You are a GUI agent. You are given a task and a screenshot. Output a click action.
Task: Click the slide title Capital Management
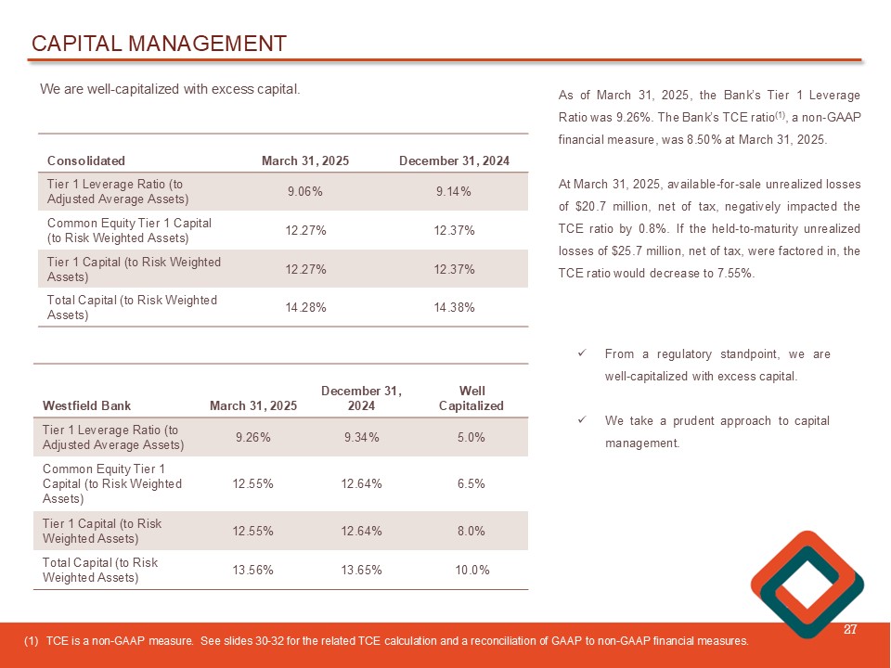tap(159, 44)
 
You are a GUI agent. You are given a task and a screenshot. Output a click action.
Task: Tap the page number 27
tap(848, 631)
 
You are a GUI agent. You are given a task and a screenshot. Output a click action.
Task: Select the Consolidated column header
tap(86, 161)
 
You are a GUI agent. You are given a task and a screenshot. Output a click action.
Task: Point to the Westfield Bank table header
tap(86, 405)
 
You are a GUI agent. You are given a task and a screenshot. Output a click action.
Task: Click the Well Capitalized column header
tap(471, 398)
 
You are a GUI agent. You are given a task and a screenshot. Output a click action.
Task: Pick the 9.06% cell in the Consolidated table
tap(305, 192)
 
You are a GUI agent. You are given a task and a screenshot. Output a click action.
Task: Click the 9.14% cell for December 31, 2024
tap(454, 192)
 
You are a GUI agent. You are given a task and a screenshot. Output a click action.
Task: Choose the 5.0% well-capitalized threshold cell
tap(471, 437)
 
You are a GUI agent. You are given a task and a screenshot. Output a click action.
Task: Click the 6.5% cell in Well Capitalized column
tap(471, 483)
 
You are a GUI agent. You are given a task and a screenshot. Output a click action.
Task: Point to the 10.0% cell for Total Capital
tap(471, 570)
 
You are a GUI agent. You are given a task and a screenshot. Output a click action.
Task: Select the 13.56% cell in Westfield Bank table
tap(252, 570)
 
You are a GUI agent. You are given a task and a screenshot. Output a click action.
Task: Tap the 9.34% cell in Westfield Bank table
tap(362, 437)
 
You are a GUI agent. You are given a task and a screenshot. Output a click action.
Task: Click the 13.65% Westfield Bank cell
tap(362, 570)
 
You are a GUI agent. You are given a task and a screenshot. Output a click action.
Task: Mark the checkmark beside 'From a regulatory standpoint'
tap(580, 354)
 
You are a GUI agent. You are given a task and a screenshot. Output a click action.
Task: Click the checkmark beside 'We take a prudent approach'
tap(580, 420)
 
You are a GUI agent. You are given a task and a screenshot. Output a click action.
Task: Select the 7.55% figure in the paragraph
tap(735, 273)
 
